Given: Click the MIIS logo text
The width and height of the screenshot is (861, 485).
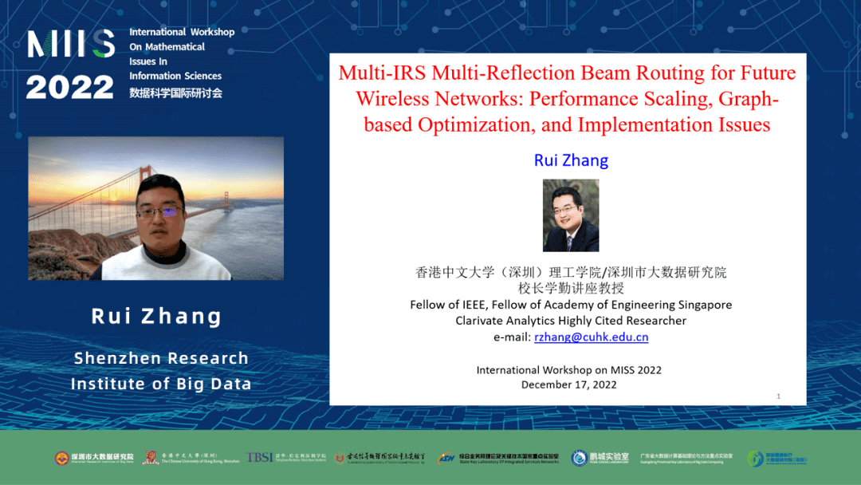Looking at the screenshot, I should coord(71,45).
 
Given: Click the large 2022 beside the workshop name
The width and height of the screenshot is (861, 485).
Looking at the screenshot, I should coord(70,87).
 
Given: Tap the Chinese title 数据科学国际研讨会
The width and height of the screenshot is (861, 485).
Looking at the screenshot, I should coord(175,93).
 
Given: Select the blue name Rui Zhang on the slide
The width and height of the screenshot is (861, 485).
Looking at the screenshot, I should coord(571,160).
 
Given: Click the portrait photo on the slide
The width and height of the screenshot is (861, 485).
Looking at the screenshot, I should coord(571,215).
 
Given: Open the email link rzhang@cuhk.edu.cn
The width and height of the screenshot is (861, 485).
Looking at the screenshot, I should coord(591,337).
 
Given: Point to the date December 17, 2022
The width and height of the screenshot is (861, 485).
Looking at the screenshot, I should coord(569,384).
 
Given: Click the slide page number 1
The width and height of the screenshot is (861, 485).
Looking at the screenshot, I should coord(778,396).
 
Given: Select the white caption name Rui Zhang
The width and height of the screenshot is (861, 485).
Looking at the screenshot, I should coord(157,317).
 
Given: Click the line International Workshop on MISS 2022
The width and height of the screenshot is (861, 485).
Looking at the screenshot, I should coord(569,370).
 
